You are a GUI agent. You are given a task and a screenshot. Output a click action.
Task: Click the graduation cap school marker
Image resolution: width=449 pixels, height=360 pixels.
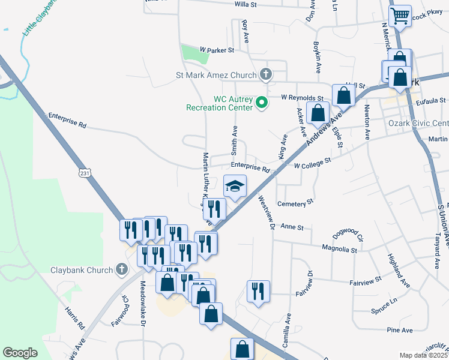click(x=235, y=186)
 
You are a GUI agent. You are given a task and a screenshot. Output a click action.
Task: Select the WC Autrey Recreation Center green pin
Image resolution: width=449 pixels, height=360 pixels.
click(x=261, y=103)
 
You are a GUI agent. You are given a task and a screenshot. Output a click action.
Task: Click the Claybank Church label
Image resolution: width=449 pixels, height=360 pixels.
click(x=82, y=270)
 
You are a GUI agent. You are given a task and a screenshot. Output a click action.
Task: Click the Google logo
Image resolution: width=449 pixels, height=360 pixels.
click(x=20, y=353)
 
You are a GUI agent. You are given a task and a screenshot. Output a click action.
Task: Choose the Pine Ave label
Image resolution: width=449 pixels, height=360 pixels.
click(x=400, y=330)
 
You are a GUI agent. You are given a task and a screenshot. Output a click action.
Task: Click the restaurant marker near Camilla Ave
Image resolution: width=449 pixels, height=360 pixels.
click(x=258, y=292)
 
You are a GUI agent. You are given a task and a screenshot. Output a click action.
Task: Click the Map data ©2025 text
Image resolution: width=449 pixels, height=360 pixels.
click(x=424, y=355)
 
